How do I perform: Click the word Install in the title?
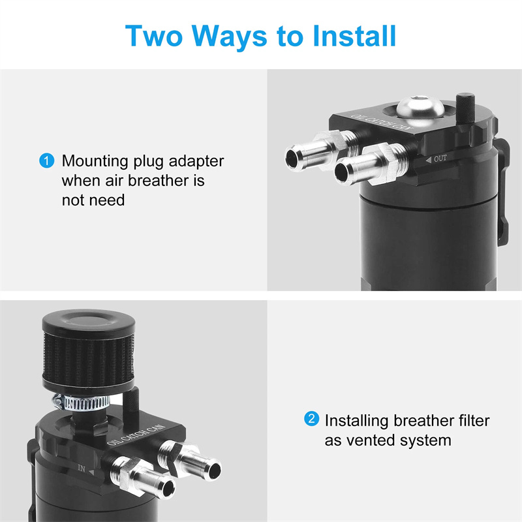point(354,36)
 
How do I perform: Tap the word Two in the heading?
point(154,36)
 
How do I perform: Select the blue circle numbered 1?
point(46,161)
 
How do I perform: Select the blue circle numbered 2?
point(312,418)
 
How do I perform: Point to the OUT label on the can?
point(437,159)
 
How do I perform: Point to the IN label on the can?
point(85,469)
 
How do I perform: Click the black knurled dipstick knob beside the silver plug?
point(465,108)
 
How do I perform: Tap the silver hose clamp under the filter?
point(82,403)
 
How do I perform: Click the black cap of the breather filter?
point(89,322)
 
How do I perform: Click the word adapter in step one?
point(196,162)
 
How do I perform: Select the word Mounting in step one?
point(95,162)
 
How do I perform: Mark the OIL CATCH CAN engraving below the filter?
point(136,435)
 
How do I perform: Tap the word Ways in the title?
point(230,37)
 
